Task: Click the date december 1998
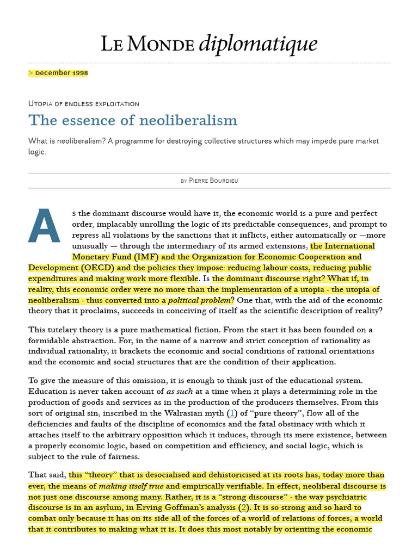[61, 73]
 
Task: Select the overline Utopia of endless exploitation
[84, 103]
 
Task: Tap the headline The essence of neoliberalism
[133, 120]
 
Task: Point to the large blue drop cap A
[44, 227]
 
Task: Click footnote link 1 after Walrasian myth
[232, 413]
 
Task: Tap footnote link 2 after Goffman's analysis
[244, 508]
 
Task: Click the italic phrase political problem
[199, 300]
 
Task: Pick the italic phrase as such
[179, 391]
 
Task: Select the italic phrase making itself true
[131, 486]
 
